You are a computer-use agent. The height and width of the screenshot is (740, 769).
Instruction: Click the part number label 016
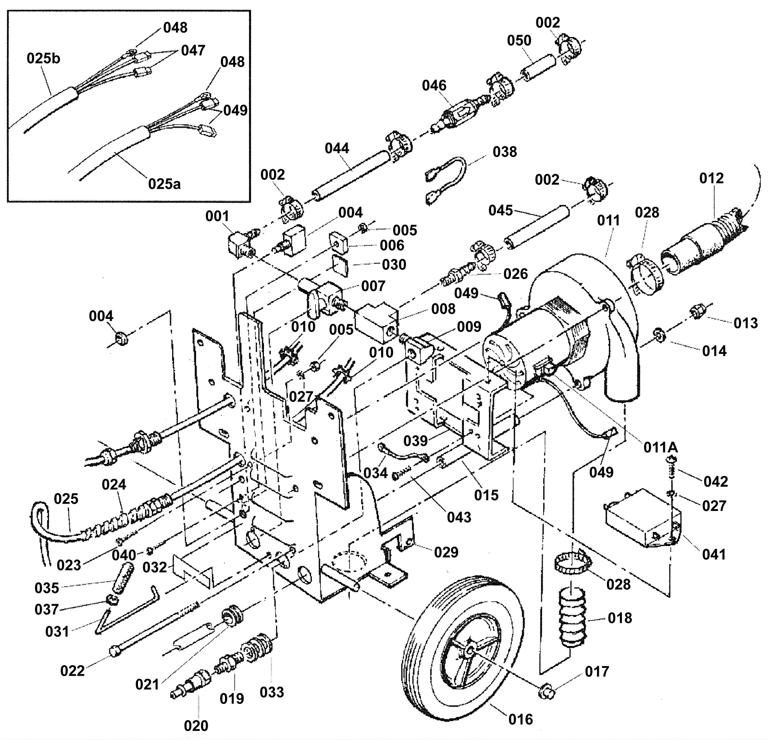(x=521, y=719)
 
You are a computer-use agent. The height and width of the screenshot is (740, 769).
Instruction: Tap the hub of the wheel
(x=468, y=650)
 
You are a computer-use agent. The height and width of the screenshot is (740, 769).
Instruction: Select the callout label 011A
(x=660, y=448)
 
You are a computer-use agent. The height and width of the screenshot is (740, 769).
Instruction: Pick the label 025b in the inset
(x=44, y=59)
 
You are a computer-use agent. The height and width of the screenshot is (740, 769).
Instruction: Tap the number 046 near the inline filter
(x=434, y=85)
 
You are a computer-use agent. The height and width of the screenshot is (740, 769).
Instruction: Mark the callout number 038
(x=505, y=152)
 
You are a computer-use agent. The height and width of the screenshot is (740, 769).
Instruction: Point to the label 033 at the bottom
(x=272, y=692)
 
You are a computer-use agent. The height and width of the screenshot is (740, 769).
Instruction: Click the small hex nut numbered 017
(x=546, y=692)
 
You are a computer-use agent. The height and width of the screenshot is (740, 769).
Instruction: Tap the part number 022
(x=73, y=670)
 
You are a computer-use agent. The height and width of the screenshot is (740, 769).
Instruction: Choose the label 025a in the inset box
(x=164, y=183)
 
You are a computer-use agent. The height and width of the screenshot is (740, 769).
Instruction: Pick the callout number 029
(x=446, y=552)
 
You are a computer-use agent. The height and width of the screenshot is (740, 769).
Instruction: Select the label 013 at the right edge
(x=745, y=323)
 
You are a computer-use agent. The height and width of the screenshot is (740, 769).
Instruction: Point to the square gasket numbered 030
(x=342, y=265)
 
